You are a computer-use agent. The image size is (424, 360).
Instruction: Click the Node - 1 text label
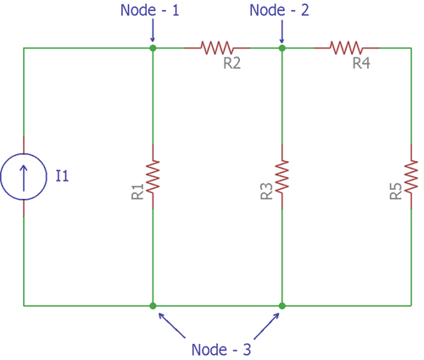pos(153,10)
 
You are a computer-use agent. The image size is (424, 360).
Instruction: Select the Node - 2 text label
pos(282,10)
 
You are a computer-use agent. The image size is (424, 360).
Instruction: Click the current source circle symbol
pos(23,177)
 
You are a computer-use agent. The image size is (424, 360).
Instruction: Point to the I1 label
pos(62,176)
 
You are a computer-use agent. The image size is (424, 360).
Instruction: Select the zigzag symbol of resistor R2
pos(217,48)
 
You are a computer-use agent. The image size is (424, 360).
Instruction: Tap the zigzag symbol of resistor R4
pos(347,48)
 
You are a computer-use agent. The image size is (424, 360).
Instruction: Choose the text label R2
pos(232,64)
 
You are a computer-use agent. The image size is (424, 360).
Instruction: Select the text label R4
pos(361,64)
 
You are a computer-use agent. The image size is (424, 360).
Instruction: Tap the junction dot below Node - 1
pos(153,48)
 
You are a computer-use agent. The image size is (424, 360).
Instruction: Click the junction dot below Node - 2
pos(282,48)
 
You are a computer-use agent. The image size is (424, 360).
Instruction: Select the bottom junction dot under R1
pos(153,305)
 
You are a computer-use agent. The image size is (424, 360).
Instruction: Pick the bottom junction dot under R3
pos(282,305)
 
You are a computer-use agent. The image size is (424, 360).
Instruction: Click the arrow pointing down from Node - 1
pos(153,32)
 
